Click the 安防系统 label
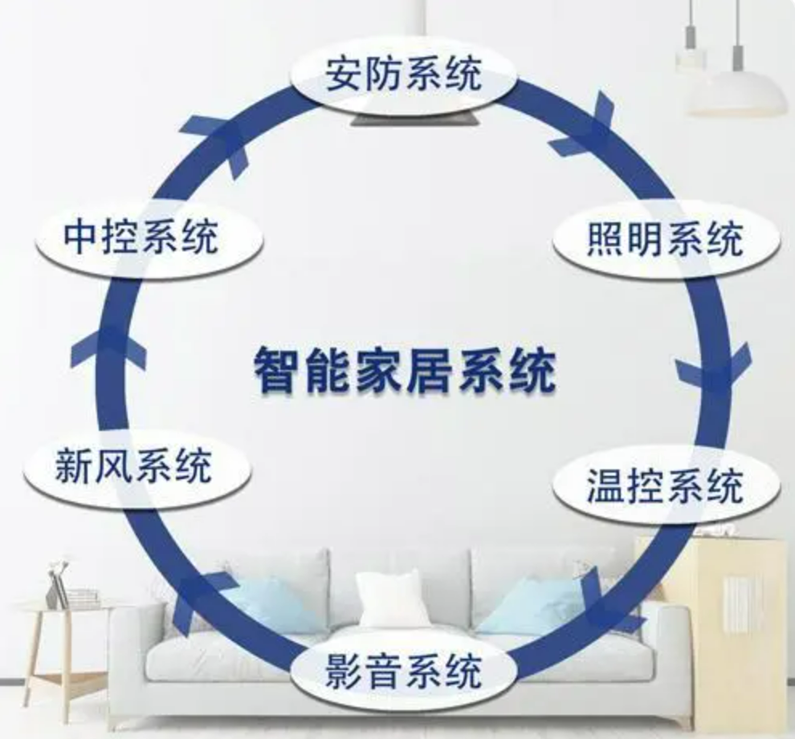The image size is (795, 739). (403, 75)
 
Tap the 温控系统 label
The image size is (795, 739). (666, 486)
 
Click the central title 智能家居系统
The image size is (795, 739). (404, 369)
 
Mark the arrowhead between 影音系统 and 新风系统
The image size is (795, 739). (197, 599)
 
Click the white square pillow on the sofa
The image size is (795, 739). (393, 599)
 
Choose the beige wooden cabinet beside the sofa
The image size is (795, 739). (731, 610)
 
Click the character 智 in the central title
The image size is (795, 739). (275, 370)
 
